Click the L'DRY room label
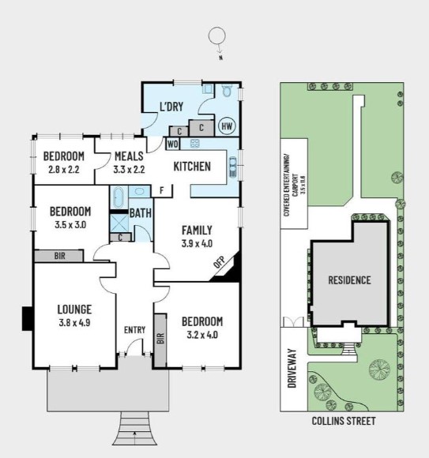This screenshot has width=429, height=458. [x=173, y=107]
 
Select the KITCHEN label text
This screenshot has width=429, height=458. [x=192, y=166]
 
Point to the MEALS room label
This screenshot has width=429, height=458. [x=129, y=156]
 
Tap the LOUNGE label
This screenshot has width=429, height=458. [x=75, y=309]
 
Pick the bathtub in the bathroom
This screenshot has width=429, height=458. [x=118, y=197]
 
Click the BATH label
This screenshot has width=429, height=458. [x=141, y=213]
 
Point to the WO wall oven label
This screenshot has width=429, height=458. [x=172, y=144]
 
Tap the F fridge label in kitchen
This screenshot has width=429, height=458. [x=161, y=190]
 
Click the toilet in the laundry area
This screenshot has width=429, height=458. [x=227, y=92]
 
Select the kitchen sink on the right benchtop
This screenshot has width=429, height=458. [x=233, y=166]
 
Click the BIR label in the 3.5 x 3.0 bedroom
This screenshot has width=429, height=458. [x=59, y=256]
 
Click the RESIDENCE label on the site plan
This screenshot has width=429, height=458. [x=351, y=280]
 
